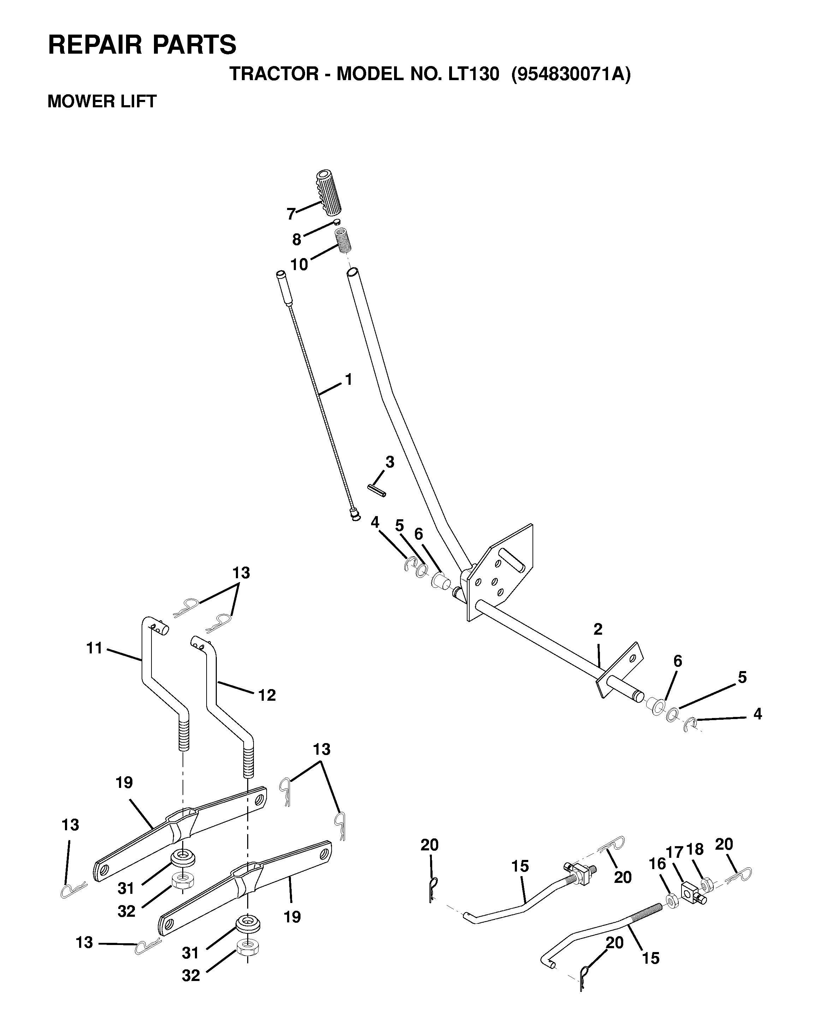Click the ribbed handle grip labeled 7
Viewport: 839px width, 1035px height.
pos(329,192)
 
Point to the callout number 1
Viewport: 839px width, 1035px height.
pos(348,380)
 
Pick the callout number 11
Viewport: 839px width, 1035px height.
pos(95,648)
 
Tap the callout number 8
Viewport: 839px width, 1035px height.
pos(297,239)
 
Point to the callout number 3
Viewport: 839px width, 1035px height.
pos(389,462)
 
